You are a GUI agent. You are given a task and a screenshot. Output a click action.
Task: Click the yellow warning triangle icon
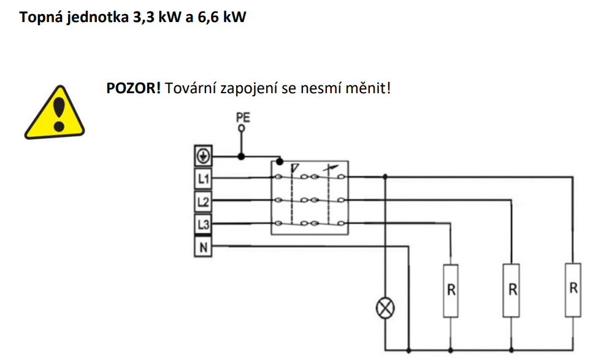coord(55,113)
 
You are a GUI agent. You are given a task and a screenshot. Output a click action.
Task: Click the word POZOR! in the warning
coord(134,88)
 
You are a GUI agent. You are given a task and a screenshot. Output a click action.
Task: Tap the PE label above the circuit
coord(243,117)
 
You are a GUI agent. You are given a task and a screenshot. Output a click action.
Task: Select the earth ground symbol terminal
coord(203,156)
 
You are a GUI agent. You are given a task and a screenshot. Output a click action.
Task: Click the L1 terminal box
coord(203,178)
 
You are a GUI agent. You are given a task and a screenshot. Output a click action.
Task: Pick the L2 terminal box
coord(203,202)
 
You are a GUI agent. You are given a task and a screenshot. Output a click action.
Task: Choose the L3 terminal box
coord(203,224)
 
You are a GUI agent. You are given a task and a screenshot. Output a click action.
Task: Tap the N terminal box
coord(203,247)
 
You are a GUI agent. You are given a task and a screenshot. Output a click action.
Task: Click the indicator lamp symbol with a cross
coord(385,308)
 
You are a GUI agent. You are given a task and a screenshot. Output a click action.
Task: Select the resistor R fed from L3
coord(451,291)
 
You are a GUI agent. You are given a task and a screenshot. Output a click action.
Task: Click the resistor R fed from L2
coord(511,291)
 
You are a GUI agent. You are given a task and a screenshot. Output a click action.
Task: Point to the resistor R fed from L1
coord(573,289)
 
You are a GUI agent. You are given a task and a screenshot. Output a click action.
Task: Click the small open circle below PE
coord(241,128)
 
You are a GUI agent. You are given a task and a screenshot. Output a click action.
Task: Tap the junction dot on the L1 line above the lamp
coord(385,177)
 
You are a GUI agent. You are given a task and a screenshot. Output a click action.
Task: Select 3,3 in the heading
coord(143,17)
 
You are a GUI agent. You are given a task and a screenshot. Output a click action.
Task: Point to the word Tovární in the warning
coord(190,88)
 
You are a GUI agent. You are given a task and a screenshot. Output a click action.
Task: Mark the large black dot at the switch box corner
coord(280,162)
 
